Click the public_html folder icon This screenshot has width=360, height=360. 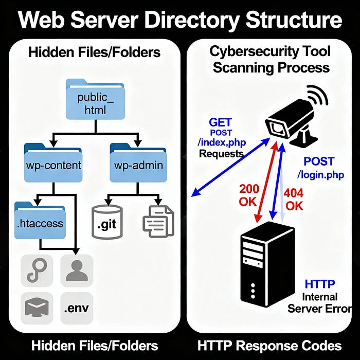(x=95, y=101)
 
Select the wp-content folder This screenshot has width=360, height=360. (x=52, y=163)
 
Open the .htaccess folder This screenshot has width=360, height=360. (x=40, y=221)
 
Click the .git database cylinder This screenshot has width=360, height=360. (x=107, y=222)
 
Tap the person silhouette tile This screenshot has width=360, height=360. (x=77, y=269)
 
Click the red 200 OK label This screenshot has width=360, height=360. (x=249, y=194)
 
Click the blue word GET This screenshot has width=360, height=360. (x=220, y=122)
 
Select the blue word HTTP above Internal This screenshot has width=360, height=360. (x=319, y=284)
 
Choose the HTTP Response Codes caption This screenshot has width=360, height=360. (x=269, y=345)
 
